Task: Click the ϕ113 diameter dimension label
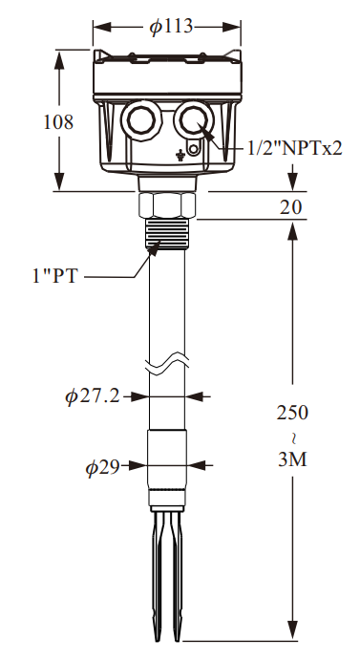pyautogui.click(x=171, y=27)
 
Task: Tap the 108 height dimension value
pyautogui.click(x=58, y=122)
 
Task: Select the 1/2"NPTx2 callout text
pyautogui.click(x=295, y=148)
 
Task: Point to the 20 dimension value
pyautogui.click(x=291, y=207)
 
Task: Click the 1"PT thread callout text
pyautogui.click(x=55, y=276)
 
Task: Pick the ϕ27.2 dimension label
pyautogui.click(x=93, y=396)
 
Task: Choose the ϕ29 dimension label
pyautogui.click(x=102, y=467)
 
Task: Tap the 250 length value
pyautogui.click(x=292, y=413)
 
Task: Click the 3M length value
pyautogui.click(x=292, y=459)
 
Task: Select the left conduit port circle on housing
pyautogui.click(x=140, y=120)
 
